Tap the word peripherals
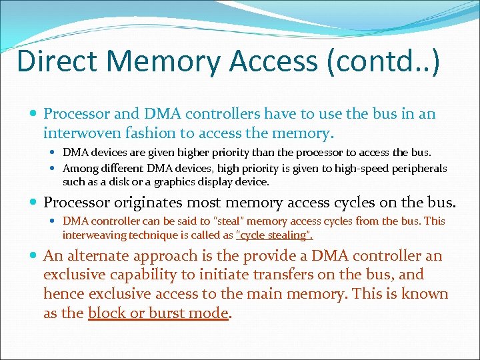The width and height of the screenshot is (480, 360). coord(417,169)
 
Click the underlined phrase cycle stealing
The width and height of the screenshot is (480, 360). coord(275,235)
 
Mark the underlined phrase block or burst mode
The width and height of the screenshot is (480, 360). coord(158,313)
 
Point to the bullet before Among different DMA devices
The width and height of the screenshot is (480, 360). coord(54,169)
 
